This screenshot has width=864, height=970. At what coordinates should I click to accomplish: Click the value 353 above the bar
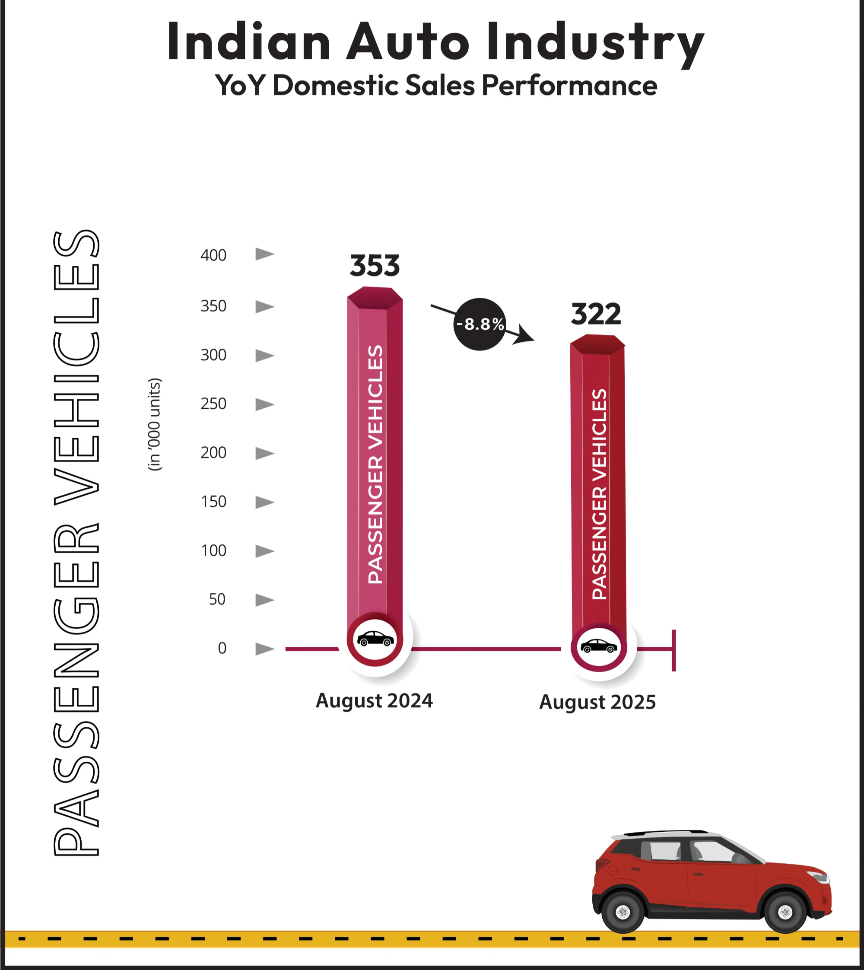point(375,265)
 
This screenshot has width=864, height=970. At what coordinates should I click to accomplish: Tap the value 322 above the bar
point(596,314)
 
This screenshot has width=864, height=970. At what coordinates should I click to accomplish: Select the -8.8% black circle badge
point(480,324)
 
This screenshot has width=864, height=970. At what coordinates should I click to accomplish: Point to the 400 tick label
point(213,255)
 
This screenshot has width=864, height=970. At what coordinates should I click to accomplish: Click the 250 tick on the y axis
point(213,404)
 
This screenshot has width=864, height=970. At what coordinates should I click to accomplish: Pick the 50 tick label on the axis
point(217,600)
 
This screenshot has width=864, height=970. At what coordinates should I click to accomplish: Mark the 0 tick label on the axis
point(222,649)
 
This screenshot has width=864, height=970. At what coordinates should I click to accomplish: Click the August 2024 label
point(374,701)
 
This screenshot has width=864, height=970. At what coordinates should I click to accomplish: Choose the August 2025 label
point(597,702)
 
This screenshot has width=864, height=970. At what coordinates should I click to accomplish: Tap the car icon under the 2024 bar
point(375,639)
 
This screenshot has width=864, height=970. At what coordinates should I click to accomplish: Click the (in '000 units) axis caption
point(155,424)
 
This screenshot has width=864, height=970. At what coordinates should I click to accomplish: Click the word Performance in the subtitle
point(569,86)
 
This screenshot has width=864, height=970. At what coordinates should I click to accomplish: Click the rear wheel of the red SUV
point(623,912)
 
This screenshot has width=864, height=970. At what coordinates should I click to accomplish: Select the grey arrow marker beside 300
point(264,356)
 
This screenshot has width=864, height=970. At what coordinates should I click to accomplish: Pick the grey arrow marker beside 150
point(264,502)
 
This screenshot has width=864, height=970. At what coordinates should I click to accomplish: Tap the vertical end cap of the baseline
point(673,650)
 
